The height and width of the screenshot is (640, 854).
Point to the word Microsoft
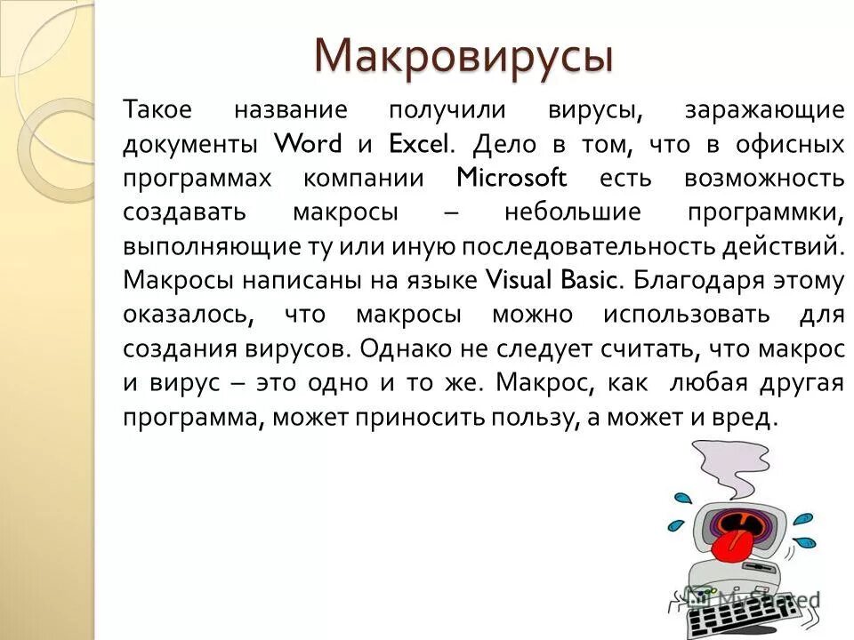coord(511,177)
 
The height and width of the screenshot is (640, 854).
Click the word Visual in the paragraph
coord(520,280)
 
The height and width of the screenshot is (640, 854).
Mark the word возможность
coord(763,177)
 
